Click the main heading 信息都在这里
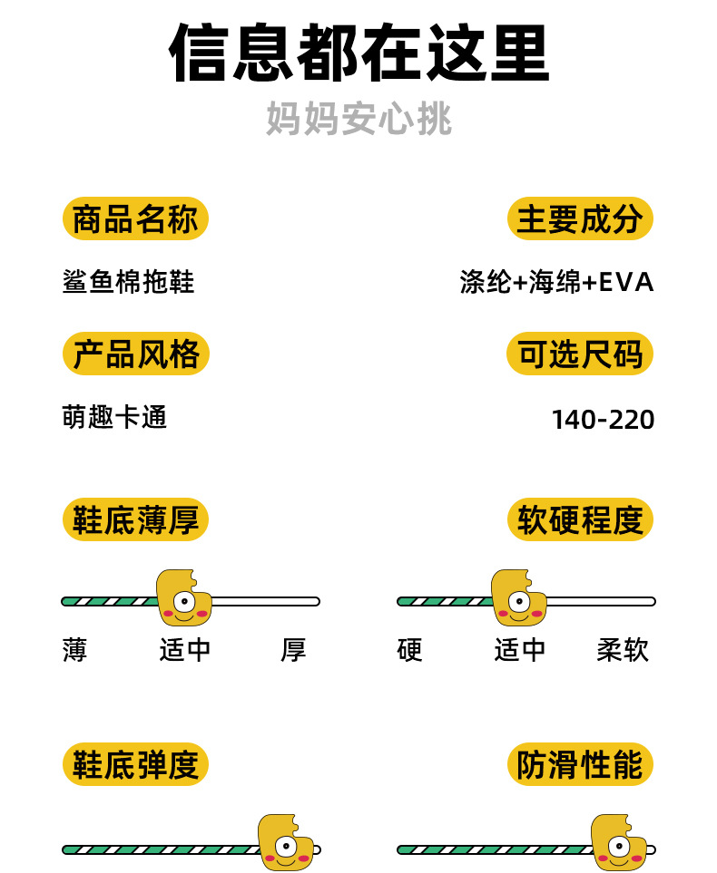pos(358,53)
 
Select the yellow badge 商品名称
pos(135,219)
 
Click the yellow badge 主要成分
pos(580,219)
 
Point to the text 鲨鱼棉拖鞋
pos(128,282)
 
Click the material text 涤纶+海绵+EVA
pos(556,282)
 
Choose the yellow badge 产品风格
pos(135,354)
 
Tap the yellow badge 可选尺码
pos(580,354)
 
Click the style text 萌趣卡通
pos(114,417)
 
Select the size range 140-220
pos(603,420)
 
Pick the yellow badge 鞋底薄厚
pos(135,520)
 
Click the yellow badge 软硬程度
pos(580,520)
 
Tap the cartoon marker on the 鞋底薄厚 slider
pos(183,598)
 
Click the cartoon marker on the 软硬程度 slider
pos(518,598)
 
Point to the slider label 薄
pos(74,650)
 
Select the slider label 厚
pos(293,650)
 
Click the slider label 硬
pos(409,650)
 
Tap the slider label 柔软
pos(623,650)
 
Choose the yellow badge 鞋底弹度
pos(135,765)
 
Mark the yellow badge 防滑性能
pos(580,765)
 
